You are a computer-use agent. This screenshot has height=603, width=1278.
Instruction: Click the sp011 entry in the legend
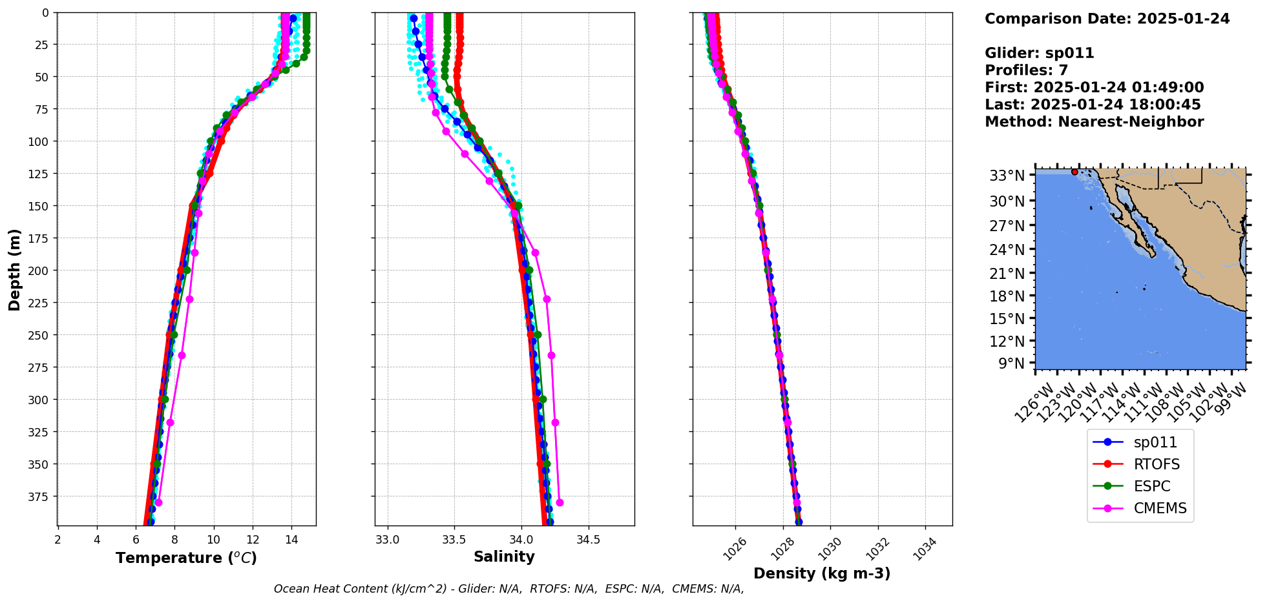1155,442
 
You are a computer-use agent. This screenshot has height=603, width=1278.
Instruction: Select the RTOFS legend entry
1157,464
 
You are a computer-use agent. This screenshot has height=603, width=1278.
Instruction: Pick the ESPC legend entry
1152,486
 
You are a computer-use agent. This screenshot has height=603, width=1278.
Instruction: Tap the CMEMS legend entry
1160,508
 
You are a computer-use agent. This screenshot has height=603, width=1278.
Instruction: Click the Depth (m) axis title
15,269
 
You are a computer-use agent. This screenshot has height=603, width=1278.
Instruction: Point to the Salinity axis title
504,557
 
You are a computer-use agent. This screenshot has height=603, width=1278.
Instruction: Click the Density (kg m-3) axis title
822,573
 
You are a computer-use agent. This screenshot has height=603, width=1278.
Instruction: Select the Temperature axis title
186,558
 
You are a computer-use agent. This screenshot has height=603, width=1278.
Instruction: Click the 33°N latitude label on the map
1007,176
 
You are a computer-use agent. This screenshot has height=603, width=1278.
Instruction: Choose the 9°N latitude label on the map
1011,363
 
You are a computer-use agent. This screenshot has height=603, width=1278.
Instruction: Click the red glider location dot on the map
1074,172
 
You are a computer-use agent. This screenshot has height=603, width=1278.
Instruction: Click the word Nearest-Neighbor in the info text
1131,122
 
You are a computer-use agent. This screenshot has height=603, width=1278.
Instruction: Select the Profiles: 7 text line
1026,70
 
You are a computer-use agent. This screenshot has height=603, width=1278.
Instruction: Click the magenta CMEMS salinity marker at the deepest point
560,502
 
